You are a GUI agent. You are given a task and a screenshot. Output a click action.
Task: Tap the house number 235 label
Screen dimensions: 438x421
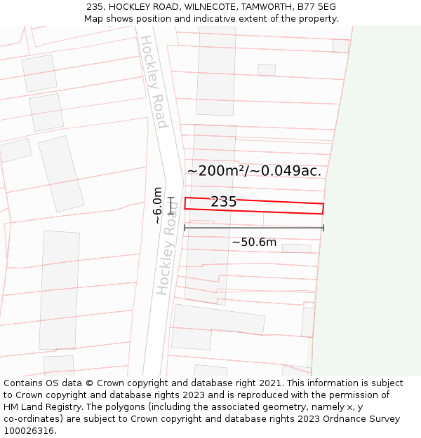(223, 202)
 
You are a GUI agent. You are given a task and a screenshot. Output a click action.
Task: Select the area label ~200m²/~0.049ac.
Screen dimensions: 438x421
(254, 170)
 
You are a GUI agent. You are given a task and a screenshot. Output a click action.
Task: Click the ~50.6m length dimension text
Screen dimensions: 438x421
(254, 242)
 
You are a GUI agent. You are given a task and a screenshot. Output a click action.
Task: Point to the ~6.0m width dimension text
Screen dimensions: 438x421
(158, 205)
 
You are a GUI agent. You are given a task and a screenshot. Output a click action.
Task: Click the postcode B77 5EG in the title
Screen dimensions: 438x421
(316, 6)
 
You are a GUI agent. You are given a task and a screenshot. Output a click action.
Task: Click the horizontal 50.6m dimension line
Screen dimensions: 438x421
(254, 228)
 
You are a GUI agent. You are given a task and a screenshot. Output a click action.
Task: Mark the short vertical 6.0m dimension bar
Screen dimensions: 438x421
(171, 205)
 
